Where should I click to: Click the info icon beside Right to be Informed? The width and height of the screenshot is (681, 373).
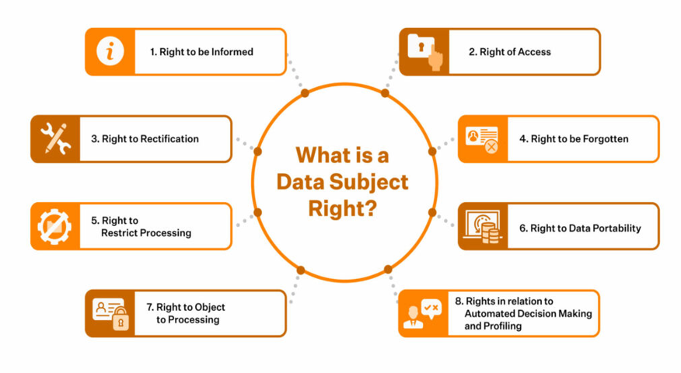point(110,51)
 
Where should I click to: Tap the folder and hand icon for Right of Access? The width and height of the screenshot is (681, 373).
point(425,52)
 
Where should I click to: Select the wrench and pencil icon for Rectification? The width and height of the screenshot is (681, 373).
point(56,138)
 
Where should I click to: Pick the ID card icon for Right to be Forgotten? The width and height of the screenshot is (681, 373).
point(482,139)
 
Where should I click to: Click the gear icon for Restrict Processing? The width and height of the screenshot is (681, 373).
point(54,226)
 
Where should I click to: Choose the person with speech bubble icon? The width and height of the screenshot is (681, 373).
point(422,313)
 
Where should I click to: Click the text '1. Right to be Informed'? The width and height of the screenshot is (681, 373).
point(201,51)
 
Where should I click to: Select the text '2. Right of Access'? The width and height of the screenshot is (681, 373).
point(509,51)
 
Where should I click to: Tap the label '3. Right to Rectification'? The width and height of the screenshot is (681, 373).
point(145,139)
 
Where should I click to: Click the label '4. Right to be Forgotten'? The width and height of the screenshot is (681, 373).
point(574,139)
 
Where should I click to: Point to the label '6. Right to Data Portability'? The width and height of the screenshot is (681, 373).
point(580,228)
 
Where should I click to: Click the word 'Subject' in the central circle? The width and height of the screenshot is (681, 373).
point(368,183)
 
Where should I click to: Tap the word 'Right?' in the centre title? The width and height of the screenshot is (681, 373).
point(343,208)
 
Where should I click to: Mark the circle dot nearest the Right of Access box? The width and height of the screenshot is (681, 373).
point(385,93)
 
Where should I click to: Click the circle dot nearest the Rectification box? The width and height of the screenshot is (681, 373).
point(257,151)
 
